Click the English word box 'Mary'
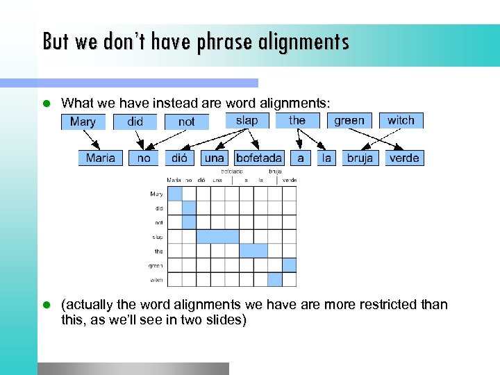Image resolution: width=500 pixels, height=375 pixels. (83, 122)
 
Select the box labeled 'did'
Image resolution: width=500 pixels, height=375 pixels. (135, 122)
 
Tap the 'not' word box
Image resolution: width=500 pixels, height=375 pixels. (186, 122)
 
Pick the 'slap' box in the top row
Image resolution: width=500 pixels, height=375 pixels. (247, 120)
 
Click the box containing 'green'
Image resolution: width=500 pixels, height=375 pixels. (349, 120)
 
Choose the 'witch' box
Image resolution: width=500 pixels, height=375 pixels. (401, 120)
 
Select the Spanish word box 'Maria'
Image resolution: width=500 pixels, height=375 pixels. (101, 158)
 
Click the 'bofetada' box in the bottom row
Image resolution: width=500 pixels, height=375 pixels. (259, 158)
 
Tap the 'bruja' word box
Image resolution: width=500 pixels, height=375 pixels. (360, 158)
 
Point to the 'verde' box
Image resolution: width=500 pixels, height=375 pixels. (404, 158)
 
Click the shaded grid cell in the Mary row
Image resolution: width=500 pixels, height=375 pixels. (175, 194)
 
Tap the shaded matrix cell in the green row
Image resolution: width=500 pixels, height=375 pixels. (289, 265)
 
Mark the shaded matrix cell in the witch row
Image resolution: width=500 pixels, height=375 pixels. (275, 279)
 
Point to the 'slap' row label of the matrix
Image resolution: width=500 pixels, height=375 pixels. (158, 237)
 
